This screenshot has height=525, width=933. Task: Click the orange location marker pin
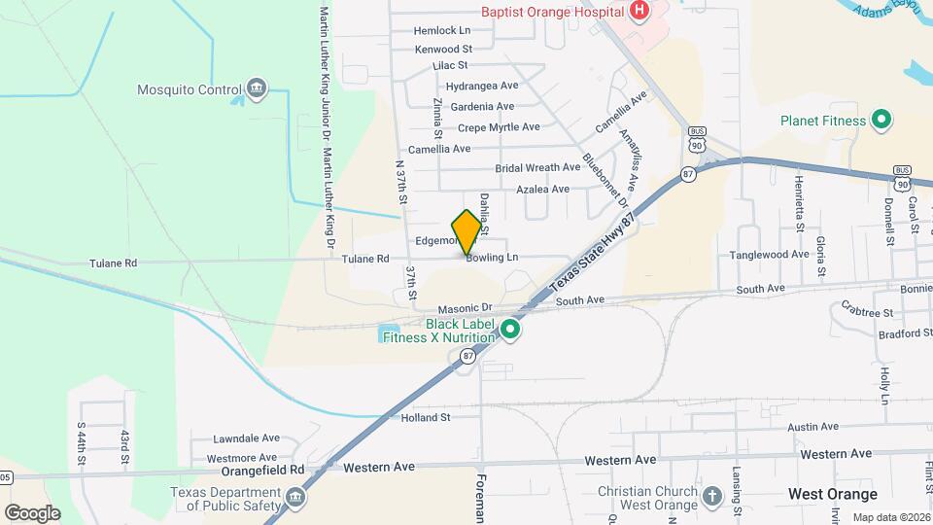point(467,231)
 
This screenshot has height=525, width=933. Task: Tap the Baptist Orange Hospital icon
point(639,12)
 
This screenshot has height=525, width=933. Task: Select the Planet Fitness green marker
point(881,121)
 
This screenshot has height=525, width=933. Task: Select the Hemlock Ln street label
point(441,30)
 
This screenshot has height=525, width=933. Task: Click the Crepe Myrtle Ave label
point(499,127)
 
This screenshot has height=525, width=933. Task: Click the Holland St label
point(426,418)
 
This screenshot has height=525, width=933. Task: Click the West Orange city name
point(832,494)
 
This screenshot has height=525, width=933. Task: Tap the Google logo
point(32,512)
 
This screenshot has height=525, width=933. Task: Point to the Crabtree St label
point(868,313)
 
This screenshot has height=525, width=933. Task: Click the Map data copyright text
point(889,517)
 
